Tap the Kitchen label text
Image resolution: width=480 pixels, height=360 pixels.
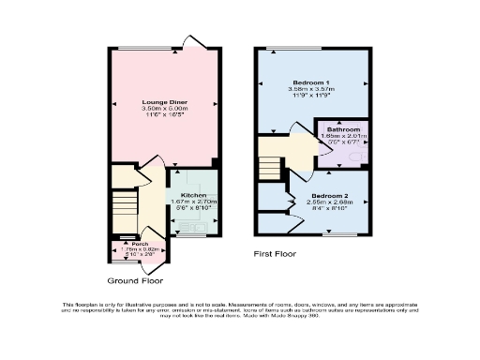pos(194,194)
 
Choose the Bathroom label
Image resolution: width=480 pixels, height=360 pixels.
pos(344,128)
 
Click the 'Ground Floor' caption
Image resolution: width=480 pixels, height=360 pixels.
pos(134,279)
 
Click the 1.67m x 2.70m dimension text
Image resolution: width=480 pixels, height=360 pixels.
pos(194,201)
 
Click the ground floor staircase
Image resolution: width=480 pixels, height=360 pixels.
pos(124,210)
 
